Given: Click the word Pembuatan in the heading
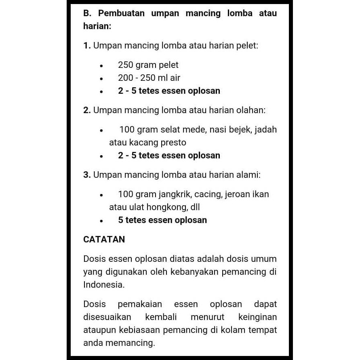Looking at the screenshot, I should pos(121,13).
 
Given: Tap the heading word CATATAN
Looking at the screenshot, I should pos(104,239).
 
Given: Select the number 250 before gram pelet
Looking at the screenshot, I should pos(126,65).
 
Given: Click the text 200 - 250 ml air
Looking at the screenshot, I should pos(149,78).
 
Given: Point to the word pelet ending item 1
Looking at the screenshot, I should pos(247,46).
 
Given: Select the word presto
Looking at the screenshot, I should pos(174,143).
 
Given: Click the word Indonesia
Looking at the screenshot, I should pos(104,284).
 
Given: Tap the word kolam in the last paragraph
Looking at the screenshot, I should pos(236,330).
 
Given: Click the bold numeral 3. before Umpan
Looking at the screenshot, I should pos(86,175).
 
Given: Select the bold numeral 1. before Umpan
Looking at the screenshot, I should pos(86,46).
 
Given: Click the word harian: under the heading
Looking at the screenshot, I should pos(97,26).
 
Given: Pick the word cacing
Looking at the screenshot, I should pos(211,194).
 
